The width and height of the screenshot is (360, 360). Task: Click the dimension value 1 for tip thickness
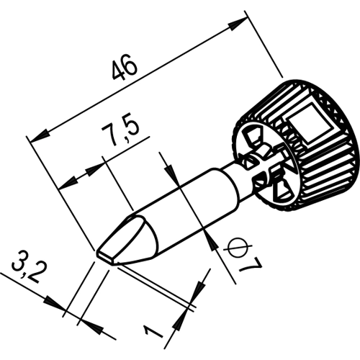pos(153,330)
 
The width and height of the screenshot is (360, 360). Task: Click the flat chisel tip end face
pos(106,257)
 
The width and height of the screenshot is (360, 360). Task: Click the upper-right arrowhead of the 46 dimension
pos(237,24)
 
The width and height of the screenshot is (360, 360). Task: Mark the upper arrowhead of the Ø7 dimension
pos(171,172)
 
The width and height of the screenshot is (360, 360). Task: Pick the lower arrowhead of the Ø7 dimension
pos(212,242)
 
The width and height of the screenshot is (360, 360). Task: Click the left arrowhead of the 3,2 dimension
pos(55,303)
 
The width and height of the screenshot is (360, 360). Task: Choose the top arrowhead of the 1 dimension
pos(200,290)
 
